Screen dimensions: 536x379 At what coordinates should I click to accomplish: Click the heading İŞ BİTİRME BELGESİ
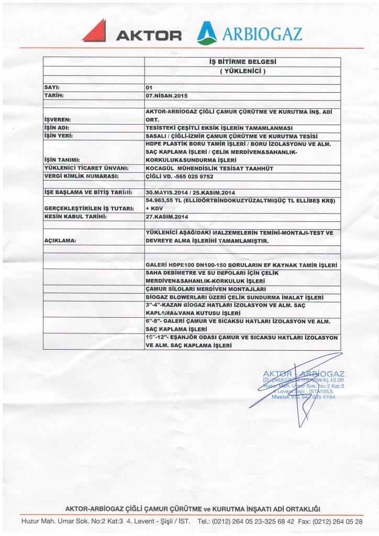pyautogui.click(x=242, y=62)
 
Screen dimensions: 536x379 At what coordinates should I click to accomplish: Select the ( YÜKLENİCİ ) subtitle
pyautogui.click(x=242, y=71)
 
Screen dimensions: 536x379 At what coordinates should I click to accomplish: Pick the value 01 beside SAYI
pyautogui.click(x=150, y=87)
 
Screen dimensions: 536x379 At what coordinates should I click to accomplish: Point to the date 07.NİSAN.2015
pyautogui.click(x=166, y=96)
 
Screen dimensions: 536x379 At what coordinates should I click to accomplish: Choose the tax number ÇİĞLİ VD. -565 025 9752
pyautogui.click(x=180, y=176)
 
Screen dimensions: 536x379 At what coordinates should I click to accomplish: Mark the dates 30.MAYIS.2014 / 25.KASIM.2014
pyautogui.click(x=192, y=192)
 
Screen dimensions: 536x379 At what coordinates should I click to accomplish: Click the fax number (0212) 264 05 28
pyautogui.click(x=344, y=521)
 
